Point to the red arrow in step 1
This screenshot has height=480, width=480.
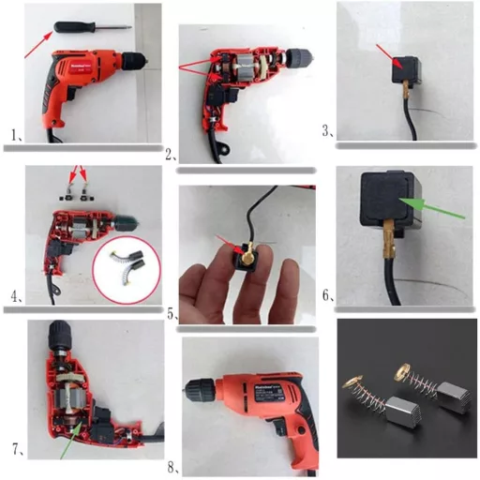click(x=38, y=42)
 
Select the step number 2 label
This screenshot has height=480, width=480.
click(x=170, y=154)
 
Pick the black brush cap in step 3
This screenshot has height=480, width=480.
click(x=408, y=70)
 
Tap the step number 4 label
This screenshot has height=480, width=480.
click(x=16, y=297)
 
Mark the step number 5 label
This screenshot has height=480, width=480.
click(x=172, y=314)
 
